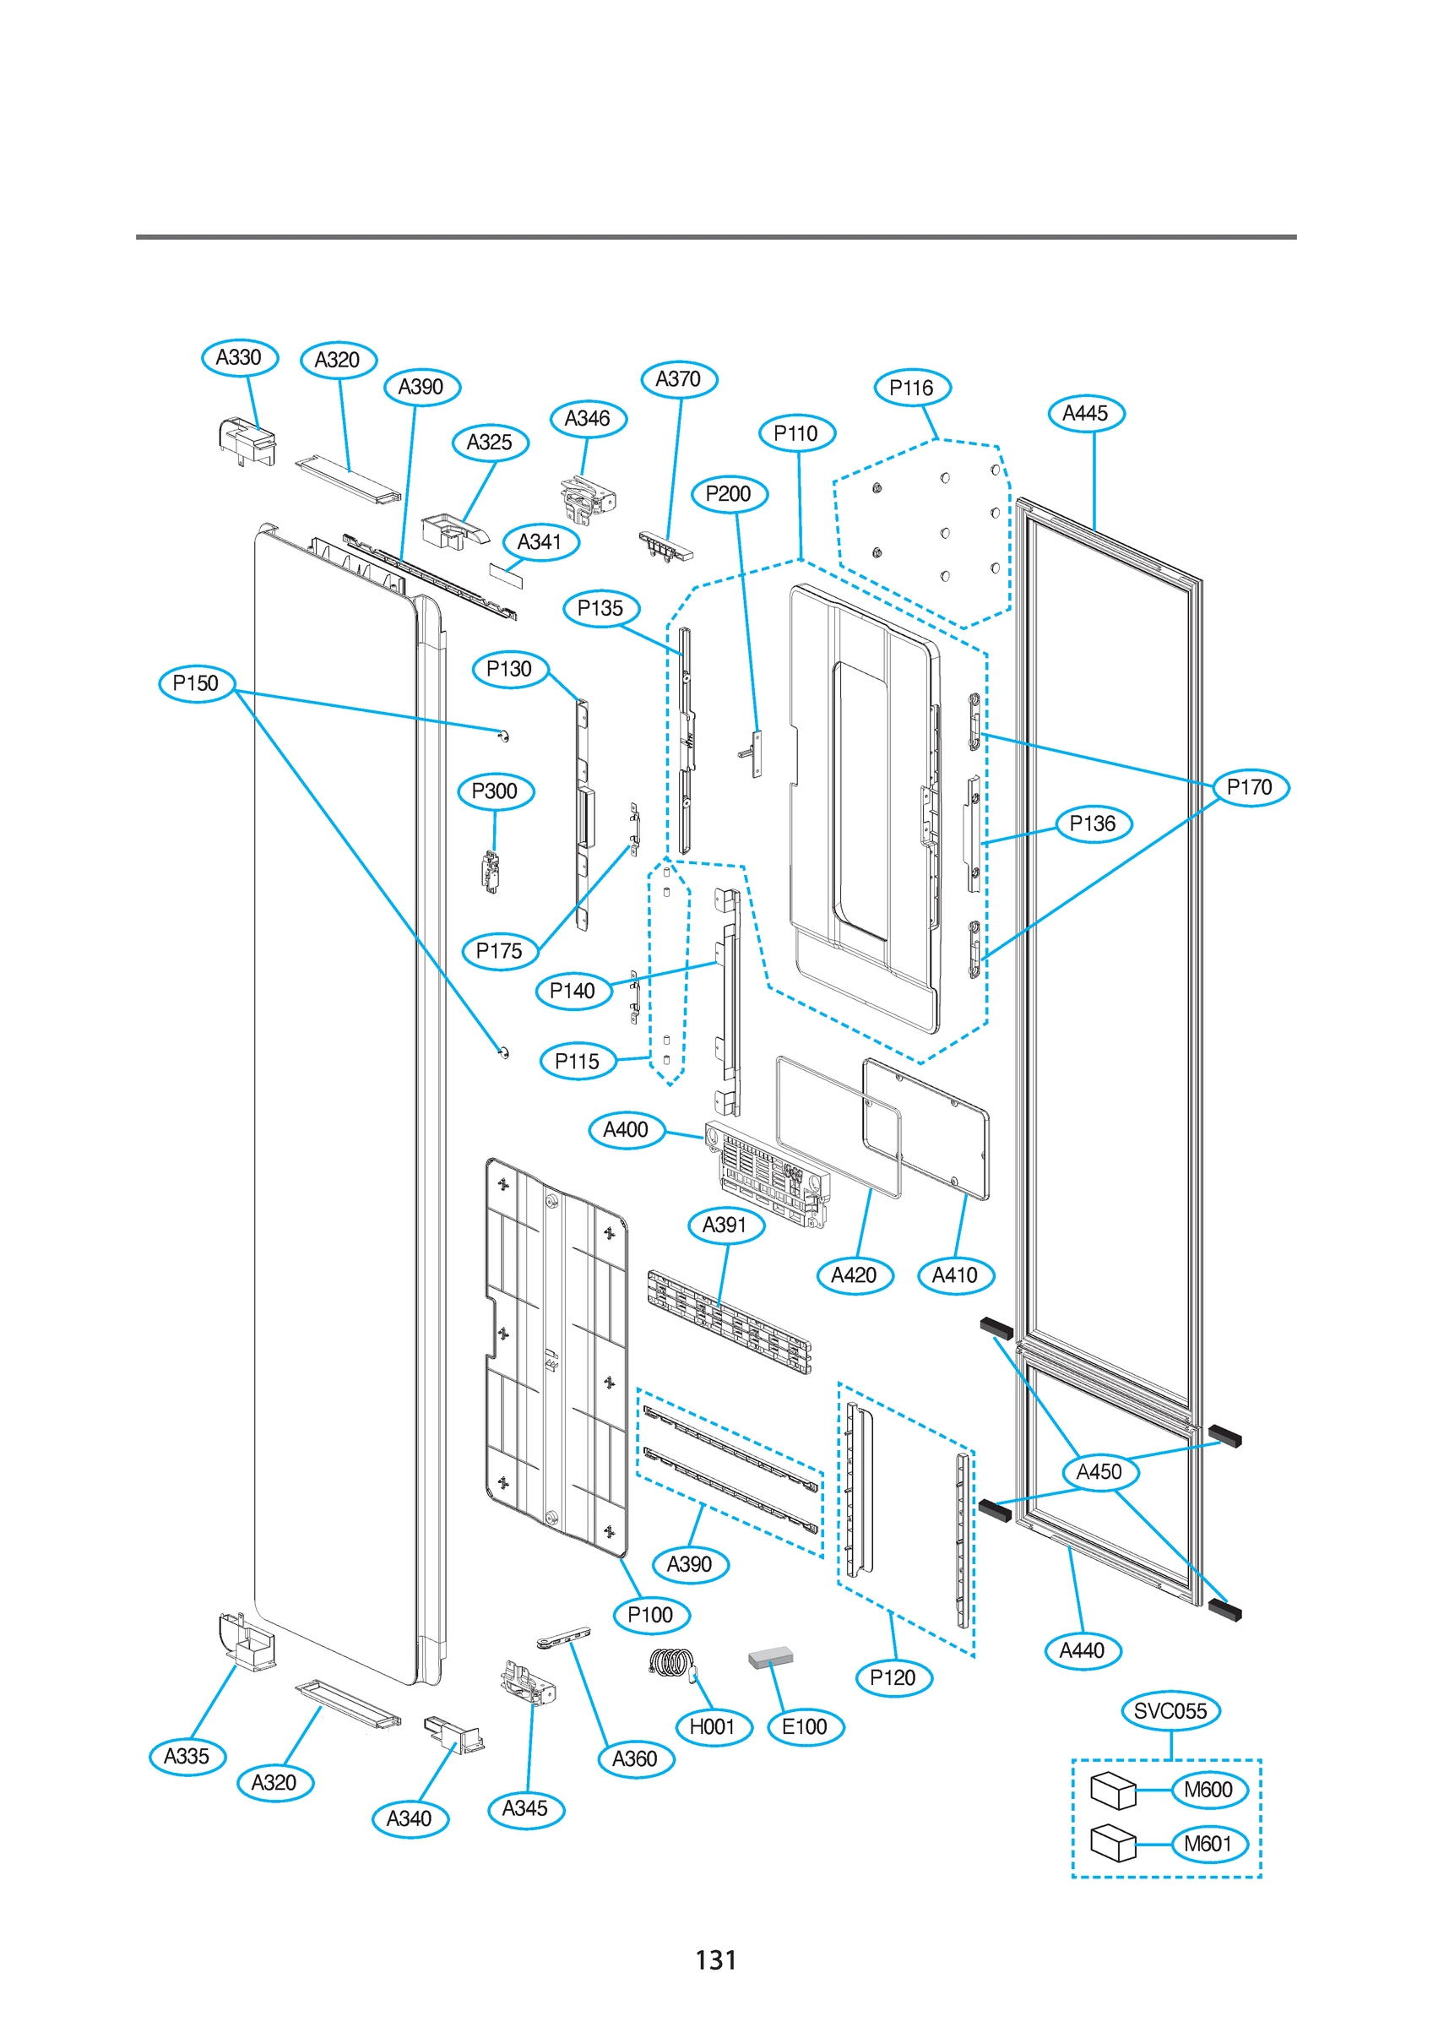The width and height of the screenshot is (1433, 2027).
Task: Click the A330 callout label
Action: (239, 357)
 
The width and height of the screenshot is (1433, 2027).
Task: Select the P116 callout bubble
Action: (912, 388)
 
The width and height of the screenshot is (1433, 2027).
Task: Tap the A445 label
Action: (1086, 413)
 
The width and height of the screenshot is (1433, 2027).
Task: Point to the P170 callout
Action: (1251, 786)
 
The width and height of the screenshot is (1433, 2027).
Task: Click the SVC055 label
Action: (1170, 1711)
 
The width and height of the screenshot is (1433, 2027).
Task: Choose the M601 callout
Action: (1208, 1844)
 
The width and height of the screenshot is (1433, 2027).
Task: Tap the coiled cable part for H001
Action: (673, 1663)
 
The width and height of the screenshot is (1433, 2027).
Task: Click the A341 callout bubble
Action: (540, 542)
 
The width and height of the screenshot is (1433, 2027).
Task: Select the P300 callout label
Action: (496, 791)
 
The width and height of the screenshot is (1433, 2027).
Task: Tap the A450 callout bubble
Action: (1099, 1472)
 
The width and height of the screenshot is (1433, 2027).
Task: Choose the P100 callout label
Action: (651, 1615)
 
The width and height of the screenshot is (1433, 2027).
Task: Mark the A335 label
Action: (187, 1756)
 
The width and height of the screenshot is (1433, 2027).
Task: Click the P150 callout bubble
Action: (196, 683)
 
